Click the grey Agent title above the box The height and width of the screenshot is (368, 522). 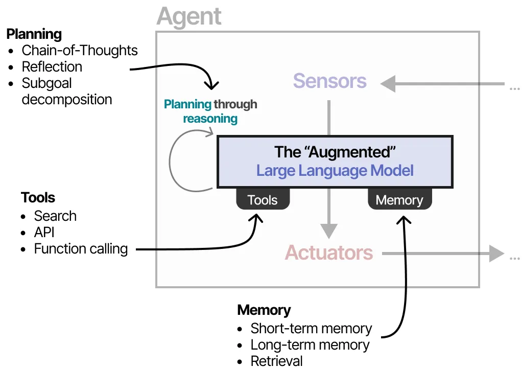tap(189, 17)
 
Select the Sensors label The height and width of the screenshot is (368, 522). tap(329, 81)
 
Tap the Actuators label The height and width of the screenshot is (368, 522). tap(329, 252)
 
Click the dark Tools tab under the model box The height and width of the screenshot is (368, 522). tap(263, 199)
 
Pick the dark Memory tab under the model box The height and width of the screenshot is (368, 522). tap(399, 199)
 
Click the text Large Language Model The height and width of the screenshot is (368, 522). tap(335, 171)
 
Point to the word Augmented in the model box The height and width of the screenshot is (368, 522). tap(351, 152)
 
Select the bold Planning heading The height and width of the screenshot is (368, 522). tap(34, 34)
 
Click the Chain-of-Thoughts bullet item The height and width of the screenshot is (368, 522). tap(80, 50)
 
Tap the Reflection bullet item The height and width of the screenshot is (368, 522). tap(52, 66)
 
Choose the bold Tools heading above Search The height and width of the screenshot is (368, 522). tap(38, 197)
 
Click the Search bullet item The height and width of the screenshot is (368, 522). tap(55, 216)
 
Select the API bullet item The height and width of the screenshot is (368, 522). tap(44, 232)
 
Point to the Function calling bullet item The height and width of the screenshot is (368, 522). tap(81, 249)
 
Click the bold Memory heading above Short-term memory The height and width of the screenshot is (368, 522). tap(264, 310)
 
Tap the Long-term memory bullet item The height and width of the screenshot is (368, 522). tap(310, 345)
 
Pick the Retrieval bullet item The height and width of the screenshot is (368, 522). tap(277, 361)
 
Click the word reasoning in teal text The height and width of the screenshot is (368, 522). tap(210, 119)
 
